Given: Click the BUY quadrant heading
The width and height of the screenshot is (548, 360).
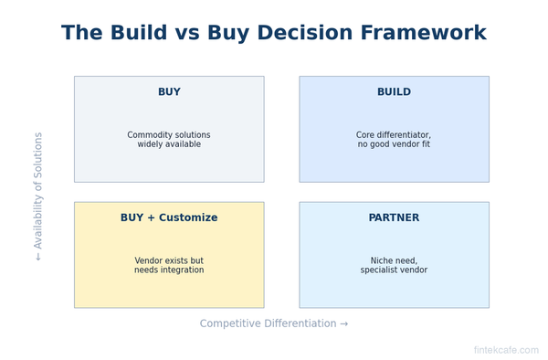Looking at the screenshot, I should (169, 92).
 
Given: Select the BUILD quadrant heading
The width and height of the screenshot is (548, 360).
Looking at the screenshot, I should (394, 92).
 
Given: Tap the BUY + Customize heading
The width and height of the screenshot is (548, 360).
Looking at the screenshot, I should (169, 218).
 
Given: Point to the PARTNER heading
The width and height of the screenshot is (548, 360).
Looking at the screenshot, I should (394, 218).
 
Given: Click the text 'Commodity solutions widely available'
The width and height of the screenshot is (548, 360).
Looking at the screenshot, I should (169, 140).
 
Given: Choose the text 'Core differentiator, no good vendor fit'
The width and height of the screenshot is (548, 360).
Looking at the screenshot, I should (394, 140).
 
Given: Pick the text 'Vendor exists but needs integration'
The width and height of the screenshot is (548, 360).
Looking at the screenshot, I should (169, 266).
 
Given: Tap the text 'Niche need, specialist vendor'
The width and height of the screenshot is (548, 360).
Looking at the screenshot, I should (394, 266).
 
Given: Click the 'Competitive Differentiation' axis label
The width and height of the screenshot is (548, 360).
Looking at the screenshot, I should (268, 324).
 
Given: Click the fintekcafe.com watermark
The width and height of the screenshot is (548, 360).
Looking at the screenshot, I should (505, 351).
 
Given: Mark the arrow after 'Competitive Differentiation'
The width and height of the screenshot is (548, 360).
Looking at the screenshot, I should (343, 324).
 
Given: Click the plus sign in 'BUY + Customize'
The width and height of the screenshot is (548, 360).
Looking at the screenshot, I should (152, 218).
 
